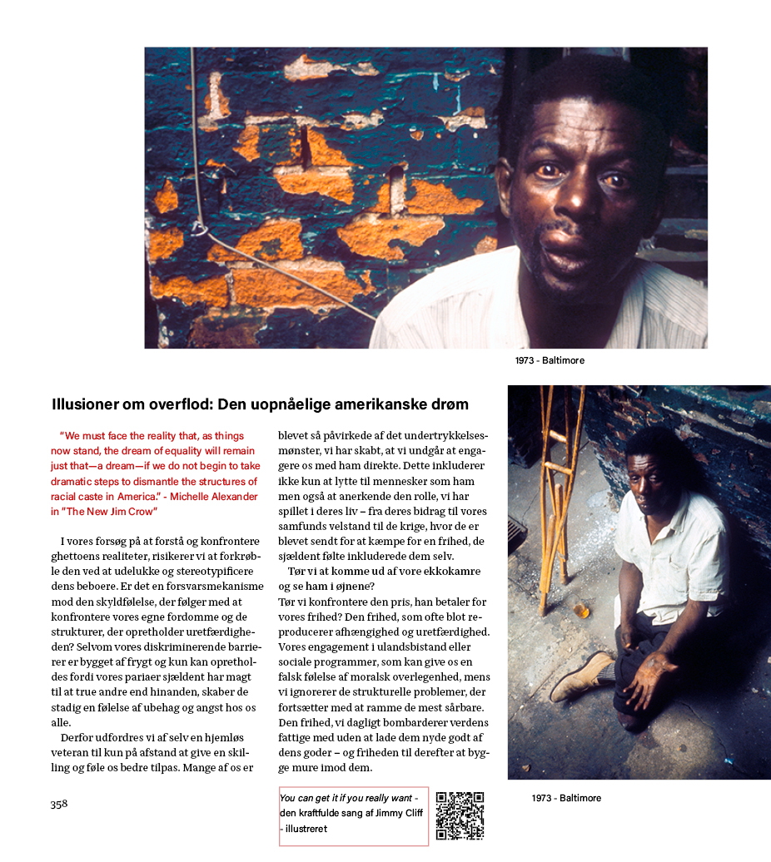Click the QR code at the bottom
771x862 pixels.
point(460,815)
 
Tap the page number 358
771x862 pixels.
point(58,804)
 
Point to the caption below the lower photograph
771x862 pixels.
point(566,799)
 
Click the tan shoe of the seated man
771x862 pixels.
point(583,675)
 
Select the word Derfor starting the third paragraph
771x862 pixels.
point(79,738)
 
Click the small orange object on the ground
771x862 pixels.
point(581,611)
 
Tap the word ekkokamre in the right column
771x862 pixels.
point(456,572)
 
